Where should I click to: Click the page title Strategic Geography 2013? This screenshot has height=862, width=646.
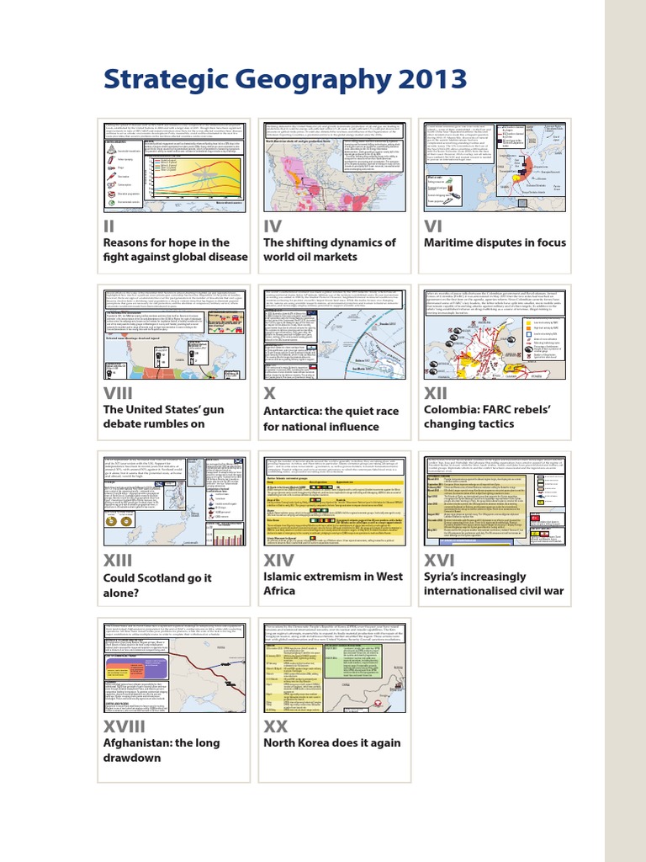[x=285, y=80]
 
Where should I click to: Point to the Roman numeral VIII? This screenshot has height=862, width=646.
[x=124, y=393]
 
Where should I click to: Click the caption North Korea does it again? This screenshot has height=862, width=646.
[x=332, y=743]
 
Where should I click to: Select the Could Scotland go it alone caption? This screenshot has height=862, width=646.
[x=157, y=585]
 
